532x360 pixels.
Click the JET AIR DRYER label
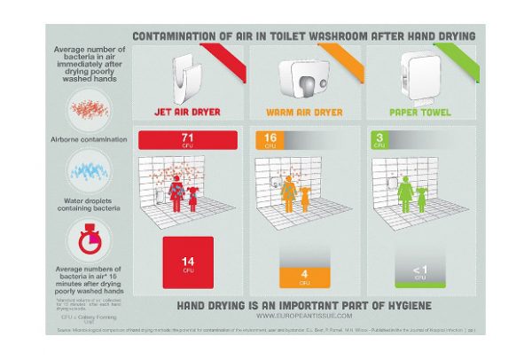pos(188,113)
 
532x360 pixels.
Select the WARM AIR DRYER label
pos(304,113)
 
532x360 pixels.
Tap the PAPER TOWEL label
pos(420,113)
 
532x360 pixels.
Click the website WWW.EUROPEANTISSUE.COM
pos(304,315)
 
